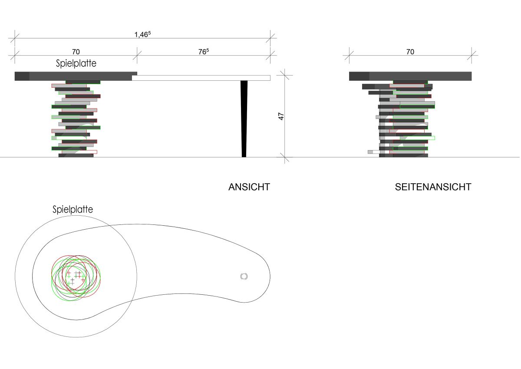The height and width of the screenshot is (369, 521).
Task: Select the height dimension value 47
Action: pyautogui.click(x=281, y=116)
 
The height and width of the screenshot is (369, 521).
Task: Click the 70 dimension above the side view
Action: pyautogui.click(x=410, y=52)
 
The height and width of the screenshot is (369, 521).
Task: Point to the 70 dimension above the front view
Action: pyautogui.click(x=76, y=52)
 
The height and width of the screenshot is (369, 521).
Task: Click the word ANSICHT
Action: pyautogui.click(x=249, y=187)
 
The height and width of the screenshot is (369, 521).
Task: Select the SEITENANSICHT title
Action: pyautogui.click(x=433, y=187)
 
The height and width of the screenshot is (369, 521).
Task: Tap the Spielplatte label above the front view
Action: pyautogui.click(x=76, y=63)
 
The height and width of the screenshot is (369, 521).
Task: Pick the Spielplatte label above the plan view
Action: pyautogui.click(x=73, y=210)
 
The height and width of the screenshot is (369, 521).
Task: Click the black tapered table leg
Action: pyautogui.click(x=244, y=117)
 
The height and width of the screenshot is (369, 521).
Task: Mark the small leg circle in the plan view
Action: pyautogui.click(x=244, y=276)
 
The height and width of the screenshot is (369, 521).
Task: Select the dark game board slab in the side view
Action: pyautogui.click(x=410, y=76)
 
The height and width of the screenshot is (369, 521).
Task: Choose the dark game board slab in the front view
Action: pyautogui.click(x=76, y=76)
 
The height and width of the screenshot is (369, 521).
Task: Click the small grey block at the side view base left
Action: pyautogui.click(x=370, y=152)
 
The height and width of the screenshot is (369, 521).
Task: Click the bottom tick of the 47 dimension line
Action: pyautogui.click(x=285, y=157)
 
